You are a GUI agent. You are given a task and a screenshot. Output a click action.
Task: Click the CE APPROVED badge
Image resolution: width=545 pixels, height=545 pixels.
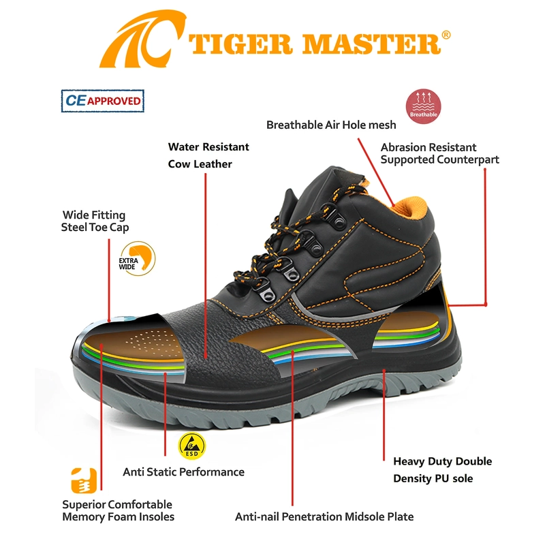(103, 101)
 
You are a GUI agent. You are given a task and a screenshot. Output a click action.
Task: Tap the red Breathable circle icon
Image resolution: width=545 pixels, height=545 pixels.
(423, 106)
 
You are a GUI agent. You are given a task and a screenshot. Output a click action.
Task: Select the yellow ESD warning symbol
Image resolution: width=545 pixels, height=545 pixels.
(192, 446)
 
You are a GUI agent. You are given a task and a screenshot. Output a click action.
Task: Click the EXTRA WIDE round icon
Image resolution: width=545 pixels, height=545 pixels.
(138, 259)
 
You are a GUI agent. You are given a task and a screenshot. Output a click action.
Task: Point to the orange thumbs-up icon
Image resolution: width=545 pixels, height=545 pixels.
(84, 481)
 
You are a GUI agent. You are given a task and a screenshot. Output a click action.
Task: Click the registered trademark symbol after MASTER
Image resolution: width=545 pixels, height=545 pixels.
(446, 35)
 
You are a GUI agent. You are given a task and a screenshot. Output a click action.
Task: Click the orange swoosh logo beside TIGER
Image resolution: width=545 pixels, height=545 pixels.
(142, 39)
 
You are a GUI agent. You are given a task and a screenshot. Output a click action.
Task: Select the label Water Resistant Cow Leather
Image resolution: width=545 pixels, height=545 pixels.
(208, 155)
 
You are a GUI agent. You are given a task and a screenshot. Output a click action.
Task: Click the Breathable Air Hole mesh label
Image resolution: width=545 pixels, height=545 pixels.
(331, 125)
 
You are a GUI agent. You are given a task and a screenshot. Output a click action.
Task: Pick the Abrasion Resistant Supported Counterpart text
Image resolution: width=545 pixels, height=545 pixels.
(439, 153)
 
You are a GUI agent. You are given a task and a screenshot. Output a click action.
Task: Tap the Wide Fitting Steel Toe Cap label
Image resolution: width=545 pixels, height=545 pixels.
(95, 221)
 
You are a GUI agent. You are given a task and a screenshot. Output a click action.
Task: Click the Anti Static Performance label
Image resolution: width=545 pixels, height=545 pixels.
(183, 471)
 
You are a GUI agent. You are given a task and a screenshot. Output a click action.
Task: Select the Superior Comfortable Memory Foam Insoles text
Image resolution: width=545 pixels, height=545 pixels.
(118, 510)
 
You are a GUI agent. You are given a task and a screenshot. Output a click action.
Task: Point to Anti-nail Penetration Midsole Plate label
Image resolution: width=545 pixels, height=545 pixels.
(324, 516)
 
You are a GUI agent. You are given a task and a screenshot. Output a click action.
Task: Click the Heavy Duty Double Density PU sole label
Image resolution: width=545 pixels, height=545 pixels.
(442, 470)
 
